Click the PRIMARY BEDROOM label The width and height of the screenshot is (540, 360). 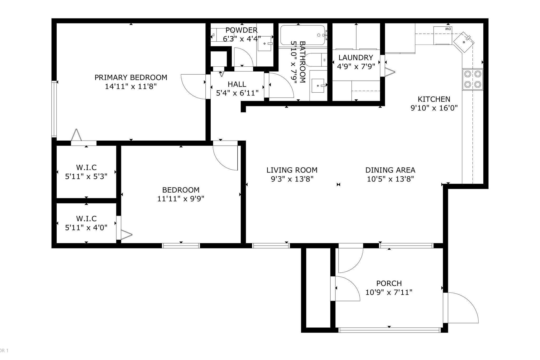131,78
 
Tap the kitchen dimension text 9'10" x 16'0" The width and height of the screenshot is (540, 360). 434,108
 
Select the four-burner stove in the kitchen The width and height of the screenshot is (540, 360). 472,79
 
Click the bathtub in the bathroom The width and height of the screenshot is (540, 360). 302,35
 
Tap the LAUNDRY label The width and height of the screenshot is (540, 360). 356,57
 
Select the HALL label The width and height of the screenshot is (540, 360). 237,84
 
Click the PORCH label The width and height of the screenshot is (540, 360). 389,283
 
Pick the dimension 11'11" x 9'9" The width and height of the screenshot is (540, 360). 181,199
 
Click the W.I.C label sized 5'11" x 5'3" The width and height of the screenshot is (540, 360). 86,167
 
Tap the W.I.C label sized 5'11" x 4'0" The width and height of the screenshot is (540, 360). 86,219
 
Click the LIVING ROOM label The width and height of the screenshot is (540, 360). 292,170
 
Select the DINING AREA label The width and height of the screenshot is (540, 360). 390,170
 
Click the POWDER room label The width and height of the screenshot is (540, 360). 241,30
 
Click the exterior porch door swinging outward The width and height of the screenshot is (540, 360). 464,309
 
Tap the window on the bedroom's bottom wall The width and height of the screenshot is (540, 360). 181,246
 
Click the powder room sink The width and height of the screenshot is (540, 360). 264,44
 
